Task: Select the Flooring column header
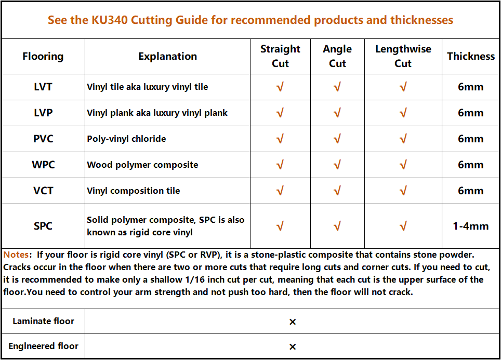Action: point(43,56)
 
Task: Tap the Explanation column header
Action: point(167,56)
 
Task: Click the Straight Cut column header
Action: point(280,56)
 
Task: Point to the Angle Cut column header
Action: point(337,56)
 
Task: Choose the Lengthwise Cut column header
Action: point(403,56)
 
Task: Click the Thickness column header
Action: point(471,56)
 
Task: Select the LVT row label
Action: point(43,87)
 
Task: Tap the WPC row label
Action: point(43,165)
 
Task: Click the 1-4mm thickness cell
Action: point(471,226)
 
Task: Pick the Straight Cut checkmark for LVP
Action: point(280,113)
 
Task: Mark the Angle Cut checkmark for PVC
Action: point(337,139)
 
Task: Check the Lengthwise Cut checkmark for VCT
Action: point(403,191)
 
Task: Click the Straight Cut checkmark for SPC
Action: point(280,226)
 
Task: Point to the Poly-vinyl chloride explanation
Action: point(126,139)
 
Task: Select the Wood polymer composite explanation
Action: point(142,165)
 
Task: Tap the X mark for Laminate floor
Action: point(293,322)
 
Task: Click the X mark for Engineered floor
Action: point(293,347)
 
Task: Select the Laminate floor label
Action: point(43,321)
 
